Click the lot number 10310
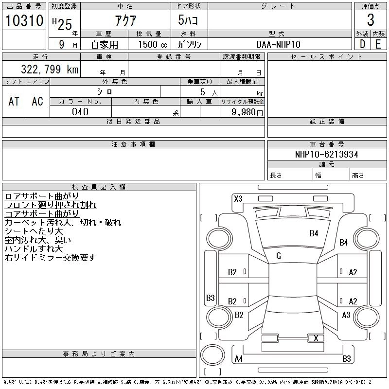pyautogui.click(x=23, y=20)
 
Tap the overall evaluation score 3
pyautogui.click(x=371, y=20)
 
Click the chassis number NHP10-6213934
pyautogui.click(x=326, y=154)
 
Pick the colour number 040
pyautogui.click(x=80, y=112)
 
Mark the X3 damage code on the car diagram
pyautogui.click(x=238, y=198)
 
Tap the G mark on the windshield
pyautogui.click(x=279, y=256)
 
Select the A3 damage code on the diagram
pyautogui.click(x=346, y=315)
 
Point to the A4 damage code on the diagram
pyautogui.click(x=239, y=359)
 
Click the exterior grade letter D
pyautogui.click(x=362, y=44)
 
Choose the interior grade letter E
pyautogui.click(x=378, y=44)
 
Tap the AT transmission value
pyautogui.click(x=14, y=101)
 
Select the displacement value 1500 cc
pyautogui.click(x=150, y=44)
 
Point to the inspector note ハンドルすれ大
pyautogui.click(x=34, y=249)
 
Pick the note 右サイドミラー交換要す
pyautogui.click(x=50, y=258)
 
